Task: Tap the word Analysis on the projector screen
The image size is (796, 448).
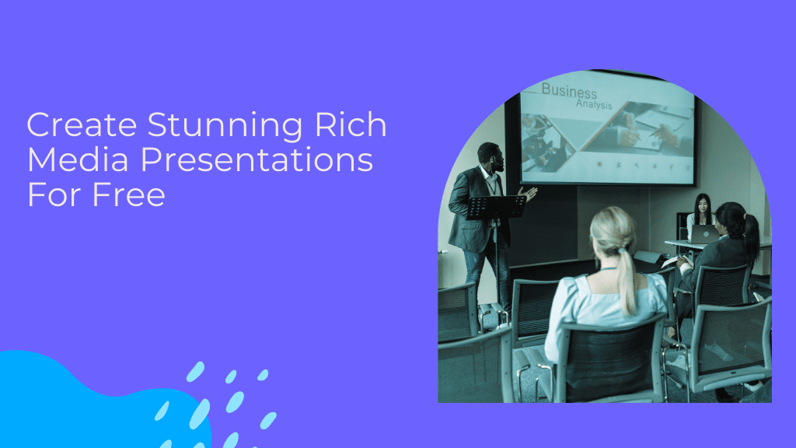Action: tap(594, 105)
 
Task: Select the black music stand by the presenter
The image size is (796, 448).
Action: tap(497, 207)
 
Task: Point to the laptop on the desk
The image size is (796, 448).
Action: tap(704, 234)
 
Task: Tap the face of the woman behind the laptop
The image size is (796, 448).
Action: tap(703, 208)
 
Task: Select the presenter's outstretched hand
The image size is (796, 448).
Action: tap(530, 192)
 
